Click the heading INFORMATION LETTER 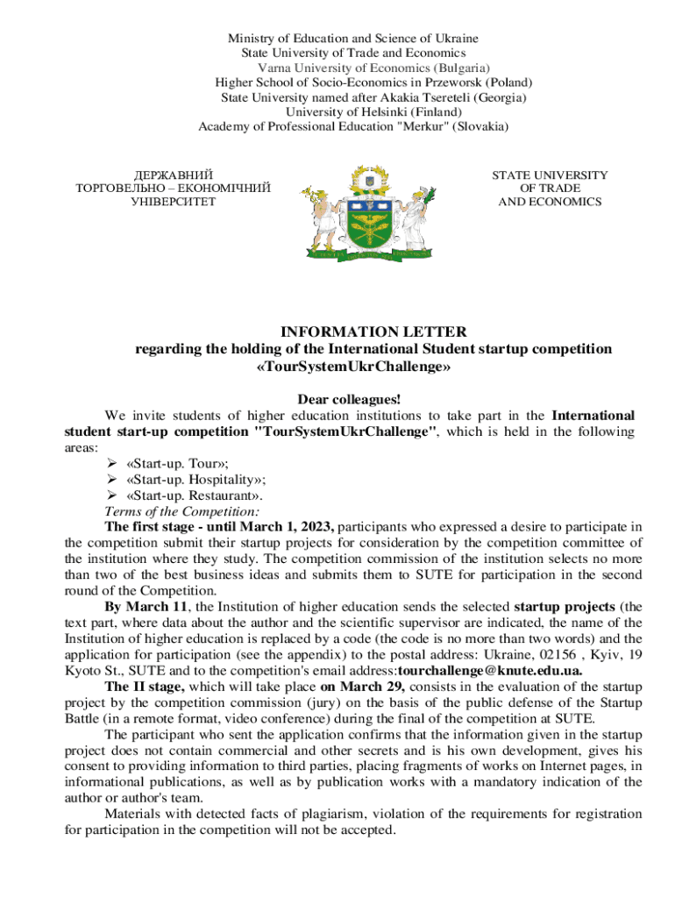(373, 331)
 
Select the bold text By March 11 (139, 606)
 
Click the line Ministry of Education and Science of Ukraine (353, 39)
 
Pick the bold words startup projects (564, 606)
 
